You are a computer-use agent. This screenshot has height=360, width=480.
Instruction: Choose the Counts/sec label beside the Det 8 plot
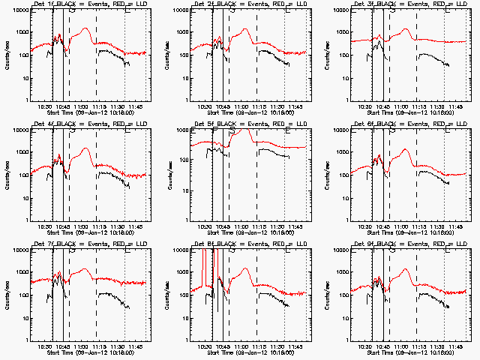[x=170, y=295]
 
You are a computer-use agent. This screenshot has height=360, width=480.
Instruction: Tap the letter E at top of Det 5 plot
[x=288, y=131]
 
